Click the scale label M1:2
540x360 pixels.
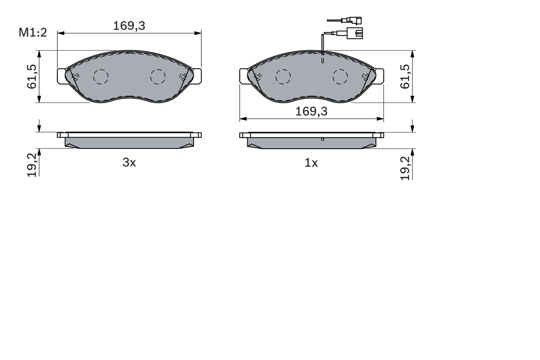(x=32, y=32)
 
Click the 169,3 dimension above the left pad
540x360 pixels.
(x=129, y=26)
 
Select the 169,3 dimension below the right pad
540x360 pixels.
(x=311, y=111)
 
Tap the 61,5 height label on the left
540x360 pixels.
(x=32, y=76)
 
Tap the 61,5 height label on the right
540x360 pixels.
(x=405, y=76)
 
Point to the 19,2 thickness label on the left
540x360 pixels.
(x=32, y=165)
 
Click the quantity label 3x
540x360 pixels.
(x=129, y=163)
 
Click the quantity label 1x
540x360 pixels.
(x=311, y=163)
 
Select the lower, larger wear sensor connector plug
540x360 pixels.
(x=354, y=33)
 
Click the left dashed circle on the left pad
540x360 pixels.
(x=101, y=76)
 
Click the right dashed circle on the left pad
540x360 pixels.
(x=158, y=76)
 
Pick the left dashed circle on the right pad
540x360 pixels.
(x=283, y=76)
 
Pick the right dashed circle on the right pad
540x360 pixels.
(x=340, y=76)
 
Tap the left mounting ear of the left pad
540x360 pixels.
(x=61, y=76)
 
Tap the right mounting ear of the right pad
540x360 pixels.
(x=379, y=76)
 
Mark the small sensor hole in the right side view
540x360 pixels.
(x=323, y=139)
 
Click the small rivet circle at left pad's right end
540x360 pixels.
(x=183, y=76)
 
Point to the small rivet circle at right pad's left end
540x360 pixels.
(x=258, y=76)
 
